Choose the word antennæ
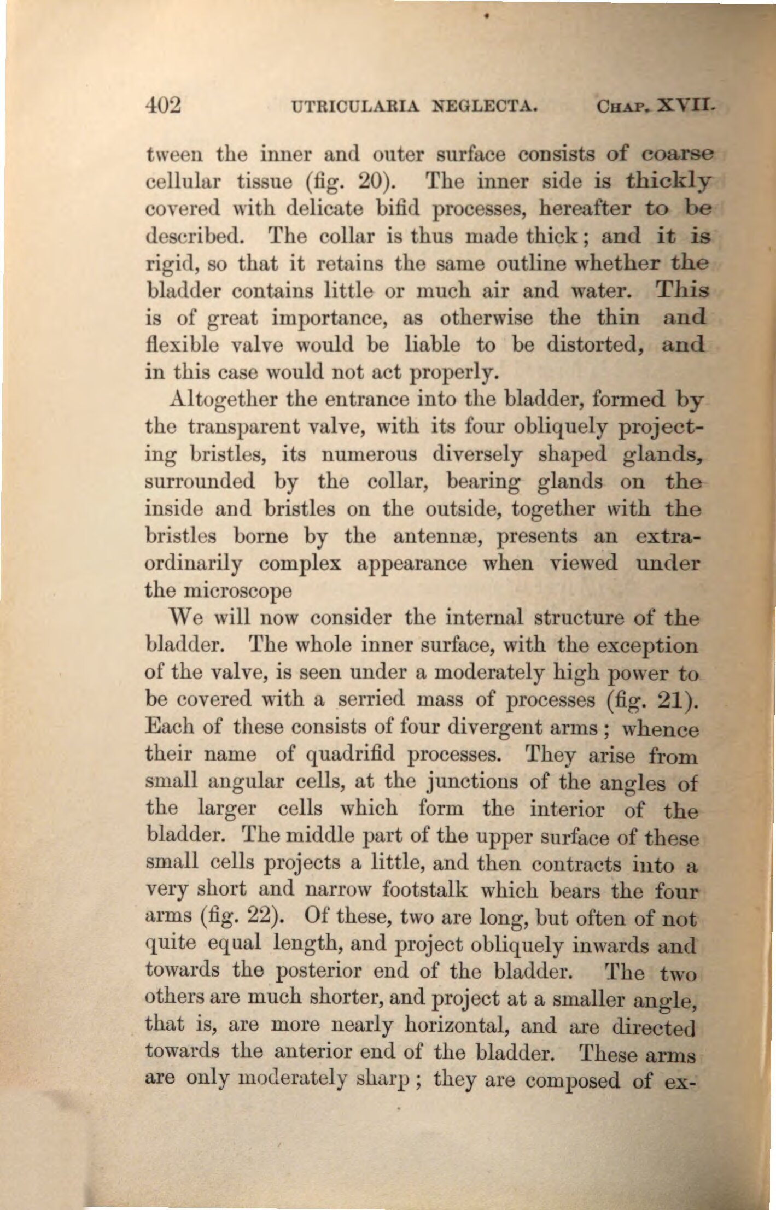pos(433,536)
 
